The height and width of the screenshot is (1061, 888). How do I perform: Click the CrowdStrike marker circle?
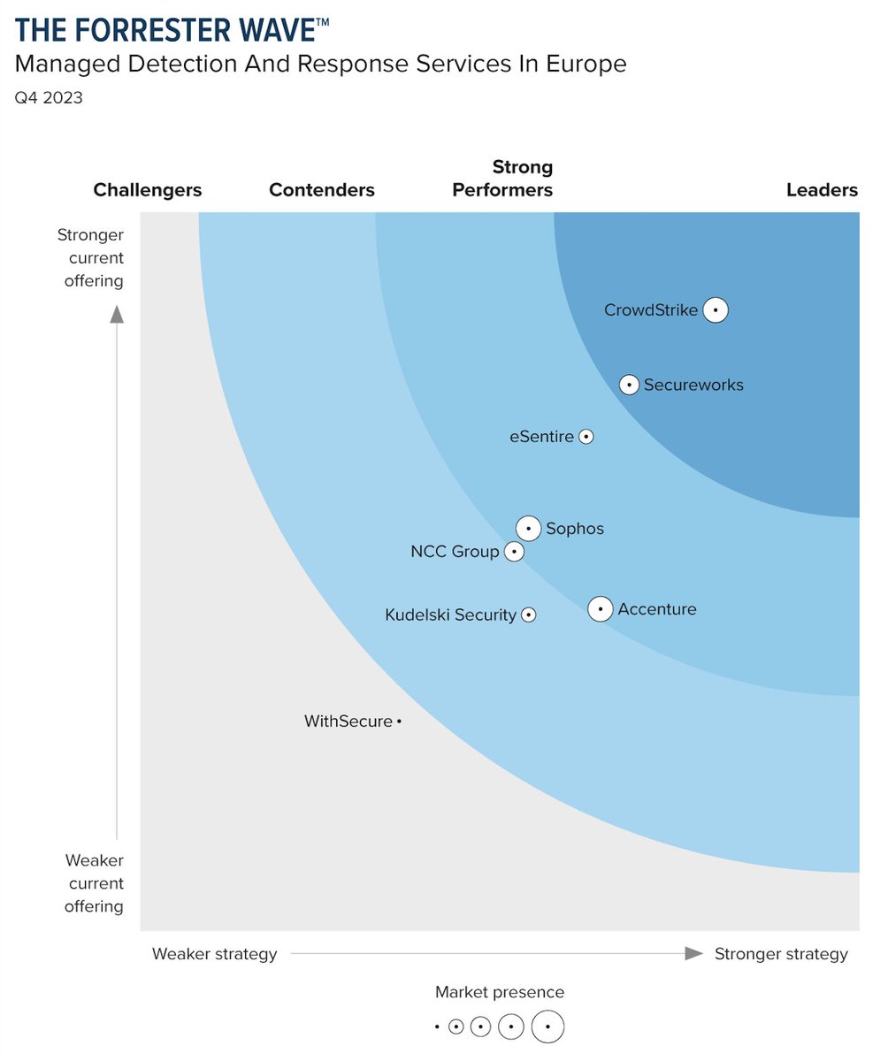(x=716, y=310)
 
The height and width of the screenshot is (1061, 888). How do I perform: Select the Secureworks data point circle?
(x=629, y=385)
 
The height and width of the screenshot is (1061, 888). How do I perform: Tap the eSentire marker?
(x=586, y=437)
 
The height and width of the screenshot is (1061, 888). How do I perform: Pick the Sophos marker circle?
(x=528, y=529)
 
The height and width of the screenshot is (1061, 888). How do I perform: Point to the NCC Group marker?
(x=513, y=552)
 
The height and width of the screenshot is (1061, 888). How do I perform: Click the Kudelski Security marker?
(x=528, y=614)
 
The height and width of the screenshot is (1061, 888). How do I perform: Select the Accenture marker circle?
(x=601, y=609)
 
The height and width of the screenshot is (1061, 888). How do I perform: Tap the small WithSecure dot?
(x=399, y=722)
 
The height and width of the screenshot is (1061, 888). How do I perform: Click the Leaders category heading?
(x=822, y=190)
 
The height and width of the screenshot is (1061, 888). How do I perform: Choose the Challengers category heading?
(x=148, y=190)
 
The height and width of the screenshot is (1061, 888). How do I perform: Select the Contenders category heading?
(x=322, y=190)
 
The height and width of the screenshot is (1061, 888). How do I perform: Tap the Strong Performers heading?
(x=502, y=179)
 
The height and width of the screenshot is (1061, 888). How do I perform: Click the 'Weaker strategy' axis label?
(x=214, y=954)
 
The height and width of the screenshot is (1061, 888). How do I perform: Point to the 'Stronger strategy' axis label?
(x=781, y=954)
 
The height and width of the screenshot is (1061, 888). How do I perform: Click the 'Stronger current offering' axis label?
(x=90, y=258)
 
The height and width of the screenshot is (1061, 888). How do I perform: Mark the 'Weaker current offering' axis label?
(x=94, y=883)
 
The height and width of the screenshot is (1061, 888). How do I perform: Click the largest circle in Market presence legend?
(x=548, y=1027)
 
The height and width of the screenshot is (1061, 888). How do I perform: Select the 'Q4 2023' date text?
(x=49, y=98)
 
